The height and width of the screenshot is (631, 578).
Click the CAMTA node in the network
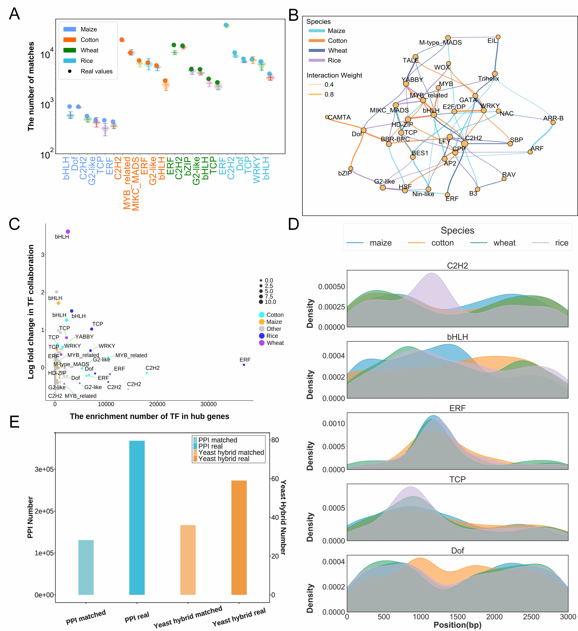pos(327,117)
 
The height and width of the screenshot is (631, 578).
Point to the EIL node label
pos(492,41)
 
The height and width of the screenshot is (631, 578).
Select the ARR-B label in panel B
pos(553,118)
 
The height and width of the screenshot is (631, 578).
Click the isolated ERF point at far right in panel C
pos(244,365)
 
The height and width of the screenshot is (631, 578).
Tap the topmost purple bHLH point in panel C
pos(68,232)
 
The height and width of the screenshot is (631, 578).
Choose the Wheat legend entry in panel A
pos(89,50)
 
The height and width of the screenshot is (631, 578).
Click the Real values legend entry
pos(96,71)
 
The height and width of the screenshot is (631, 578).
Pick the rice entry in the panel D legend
pos(561,243)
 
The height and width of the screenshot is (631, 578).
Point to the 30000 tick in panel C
pos(209,404)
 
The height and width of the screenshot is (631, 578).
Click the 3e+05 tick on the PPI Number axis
pos(44,469)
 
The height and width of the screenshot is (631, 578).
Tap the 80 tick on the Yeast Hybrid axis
pos(275,440)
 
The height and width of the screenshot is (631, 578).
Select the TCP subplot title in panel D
pos(457,479)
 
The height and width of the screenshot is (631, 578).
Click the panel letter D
pos(294,225)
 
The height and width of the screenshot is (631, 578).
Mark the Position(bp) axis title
pos(457,625)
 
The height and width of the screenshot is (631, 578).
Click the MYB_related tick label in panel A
pos(127,183)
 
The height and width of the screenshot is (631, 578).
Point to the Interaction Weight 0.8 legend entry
pos(329,94)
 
